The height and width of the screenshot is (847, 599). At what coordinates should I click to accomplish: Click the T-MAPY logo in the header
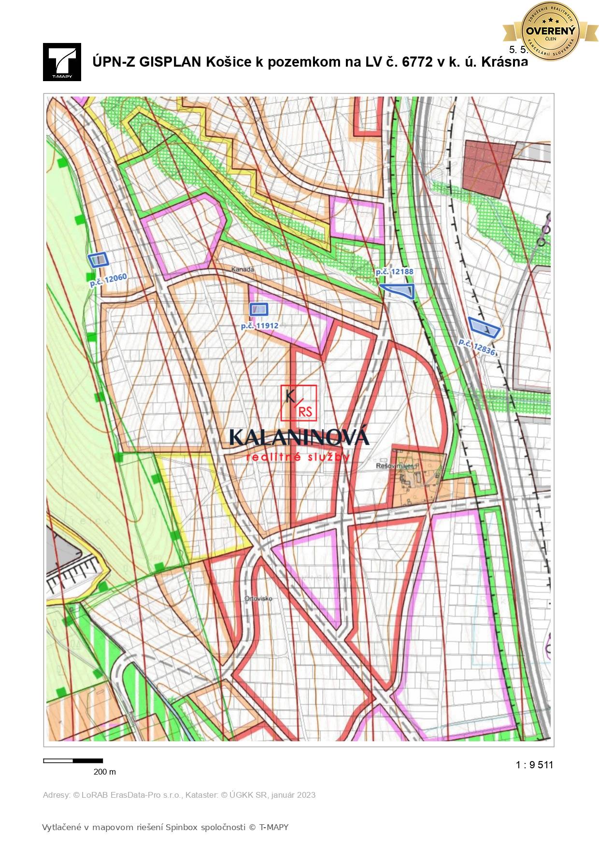point(62,62)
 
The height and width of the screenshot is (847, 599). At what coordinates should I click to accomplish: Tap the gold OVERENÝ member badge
point(550,31)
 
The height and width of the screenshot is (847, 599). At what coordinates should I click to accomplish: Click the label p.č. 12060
point(108,280)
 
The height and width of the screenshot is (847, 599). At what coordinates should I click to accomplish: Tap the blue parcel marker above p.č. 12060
point(99,260)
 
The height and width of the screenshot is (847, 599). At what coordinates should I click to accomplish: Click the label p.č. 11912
point(260,326)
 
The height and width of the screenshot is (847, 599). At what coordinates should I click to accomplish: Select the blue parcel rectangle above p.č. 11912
point(258,309)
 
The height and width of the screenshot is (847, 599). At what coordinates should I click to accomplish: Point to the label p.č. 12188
point(395,272)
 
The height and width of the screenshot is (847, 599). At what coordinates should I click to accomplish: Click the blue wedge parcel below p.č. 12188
point(401,290)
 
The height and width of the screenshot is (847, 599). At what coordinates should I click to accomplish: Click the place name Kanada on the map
point(242,269)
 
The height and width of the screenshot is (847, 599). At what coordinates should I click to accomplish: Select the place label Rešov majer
point(395,466)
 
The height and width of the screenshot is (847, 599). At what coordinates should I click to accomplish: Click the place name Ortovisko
point(258,598)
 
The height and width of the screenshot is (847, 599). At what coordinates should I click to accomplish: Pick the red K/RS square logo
point(299,402)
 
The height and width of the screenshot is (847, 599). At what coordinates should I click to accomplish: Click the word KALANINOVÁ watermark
point(299,437)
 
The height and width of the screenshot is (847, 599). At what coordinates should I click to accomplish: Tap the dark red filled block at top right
point(486,167)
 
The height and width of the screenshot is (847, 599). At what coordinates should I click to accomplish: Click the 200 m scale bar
point(73,761)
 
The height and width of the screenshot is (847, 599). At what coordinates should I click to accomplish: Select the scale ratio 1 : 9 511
point(534,764)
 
